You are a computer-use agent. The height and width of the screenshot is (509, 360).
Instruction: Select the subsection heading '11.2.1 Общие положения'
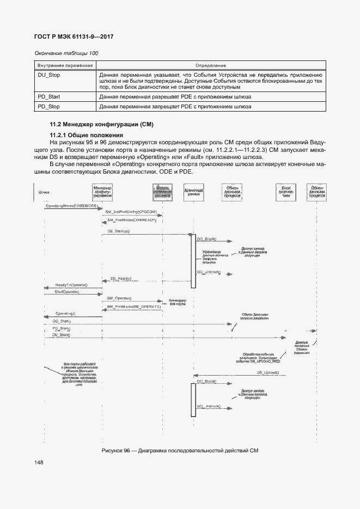click(86, 135)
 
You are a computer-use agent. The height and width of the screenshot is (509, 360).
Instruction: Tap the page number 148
click(39, 462)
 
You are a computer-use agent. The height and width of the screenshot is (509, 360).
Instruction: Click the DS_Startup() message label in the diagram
click(118, 231)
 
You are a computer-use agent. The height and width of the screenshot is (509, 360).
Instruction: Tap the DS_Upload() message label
click(267, 372)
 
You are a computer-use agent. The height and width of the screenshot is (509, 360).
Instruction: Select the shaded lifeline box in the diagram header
click(162, 192)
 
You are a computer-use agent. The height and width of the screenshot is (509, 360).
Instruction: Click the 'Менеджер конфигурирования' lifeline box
click(102, 192)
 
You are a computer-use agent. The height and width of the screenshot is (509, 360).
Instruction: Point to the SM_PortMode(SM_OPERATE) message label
click(134, 306)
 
